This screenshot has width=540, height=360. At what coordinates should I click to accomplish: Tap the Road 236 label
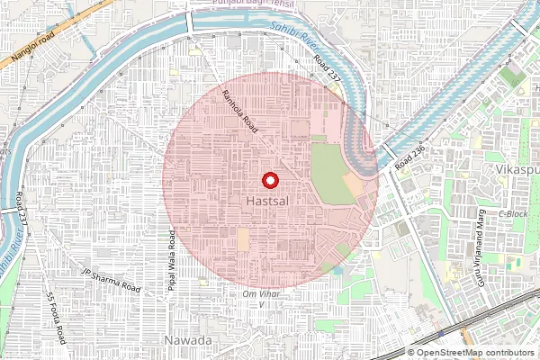pos(409,157)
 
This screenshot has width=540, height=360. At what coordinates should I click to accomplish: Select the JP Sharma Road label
pos(112,280)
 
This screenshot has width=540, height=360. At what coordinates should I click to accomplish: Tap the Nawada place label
pos(188,341)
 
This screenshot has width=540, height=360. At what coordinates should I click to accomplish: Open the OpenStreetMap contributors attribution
pos(474,353)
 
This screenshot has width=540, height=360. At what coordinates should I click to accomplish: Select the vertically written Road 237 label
pos(20,210)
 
